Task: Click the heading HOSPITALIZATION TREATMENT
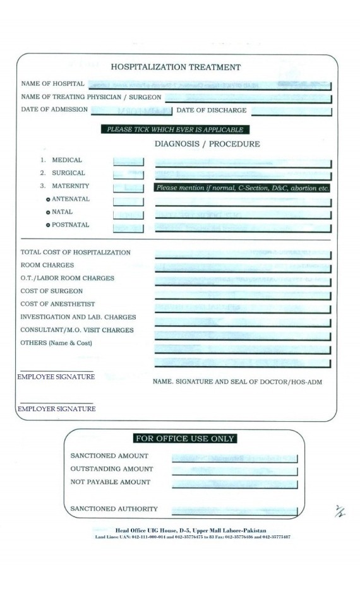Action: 176,67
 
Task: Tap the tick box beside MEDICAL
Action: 128,161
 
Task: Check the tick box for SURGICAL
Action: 128,174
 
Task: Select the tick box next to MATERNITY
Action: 128,187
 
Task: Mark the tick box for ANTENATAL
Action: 128,200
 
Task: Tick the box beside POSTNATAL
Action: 128,226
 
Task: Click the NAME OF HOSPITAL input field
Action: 208,85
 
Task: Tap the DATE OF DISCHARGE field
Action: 291,111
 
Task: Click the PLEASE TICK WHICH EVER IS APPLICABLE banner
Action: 175,130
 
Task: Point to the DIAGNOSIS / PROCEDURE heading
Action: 207,144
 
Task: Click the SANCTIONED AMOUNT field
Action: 234,456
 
